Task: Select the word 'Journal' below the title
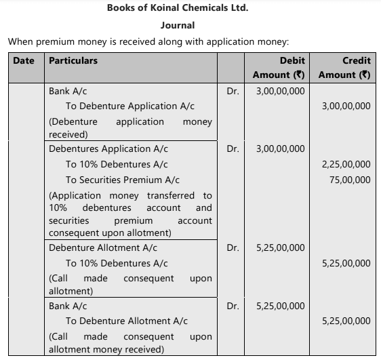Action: point(178,26)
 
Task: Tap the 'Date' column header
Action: point(24,60)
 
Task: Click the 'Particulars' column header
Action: point(73,60)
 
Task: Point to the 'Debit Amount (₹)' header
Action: point(279,67)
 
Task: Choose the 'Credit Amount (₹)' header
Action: point(344,67)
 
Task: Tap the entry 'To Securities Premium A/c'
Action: point(123,180)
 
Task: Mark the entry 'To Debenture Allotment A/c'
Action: point(127,321)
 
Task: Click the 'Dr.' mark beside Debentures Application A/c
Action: point(233,148)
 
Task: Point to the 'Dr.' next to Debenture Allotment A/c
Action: point(233,247)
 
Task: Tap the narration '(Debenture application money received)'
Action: point(130,127)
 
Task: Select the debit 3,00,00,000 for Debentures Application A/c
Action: point(281,148)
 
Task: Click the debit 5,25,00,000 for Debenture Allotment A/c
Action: point(281,247)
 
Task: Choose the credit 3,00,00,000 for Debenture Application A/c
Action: point(346,106)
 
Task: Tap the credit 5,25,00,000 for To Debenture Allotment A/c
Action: point(346,321)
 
